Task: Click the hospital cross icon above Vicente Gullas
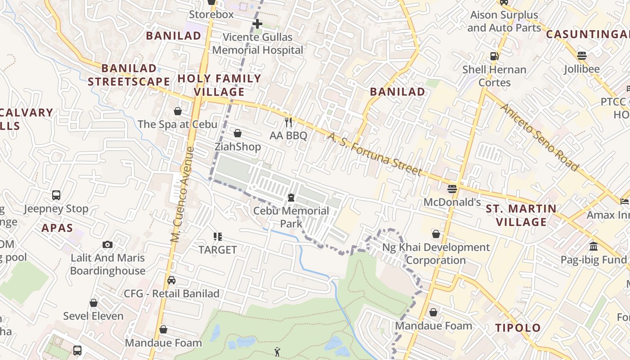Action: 257,23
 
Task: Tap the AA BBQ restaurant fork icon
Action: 288,122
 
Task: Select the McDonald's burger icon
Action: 452,189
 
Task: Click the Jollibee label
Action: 581,69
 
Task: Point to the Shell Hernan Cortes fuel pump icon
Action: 495,56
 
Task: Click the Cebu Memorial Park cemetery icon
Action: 291,198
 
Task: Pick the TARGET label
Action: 217,250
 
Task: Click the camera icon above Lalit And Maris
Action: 107,244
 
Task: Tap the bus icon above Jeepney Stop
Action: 56,195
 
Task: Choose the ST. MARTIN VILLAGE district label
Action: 521,215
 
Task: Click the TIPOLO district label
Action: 518,328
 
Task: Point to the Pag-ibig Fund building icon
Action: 593,247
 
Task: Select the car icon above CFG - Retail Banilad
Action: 171,280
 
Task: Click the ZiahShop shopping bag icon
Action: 237,134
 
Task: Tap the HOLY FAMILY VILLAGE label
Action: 219,85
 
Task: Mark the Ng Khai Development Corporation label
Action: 436,254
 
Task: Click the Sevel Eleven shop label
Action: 93,316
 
